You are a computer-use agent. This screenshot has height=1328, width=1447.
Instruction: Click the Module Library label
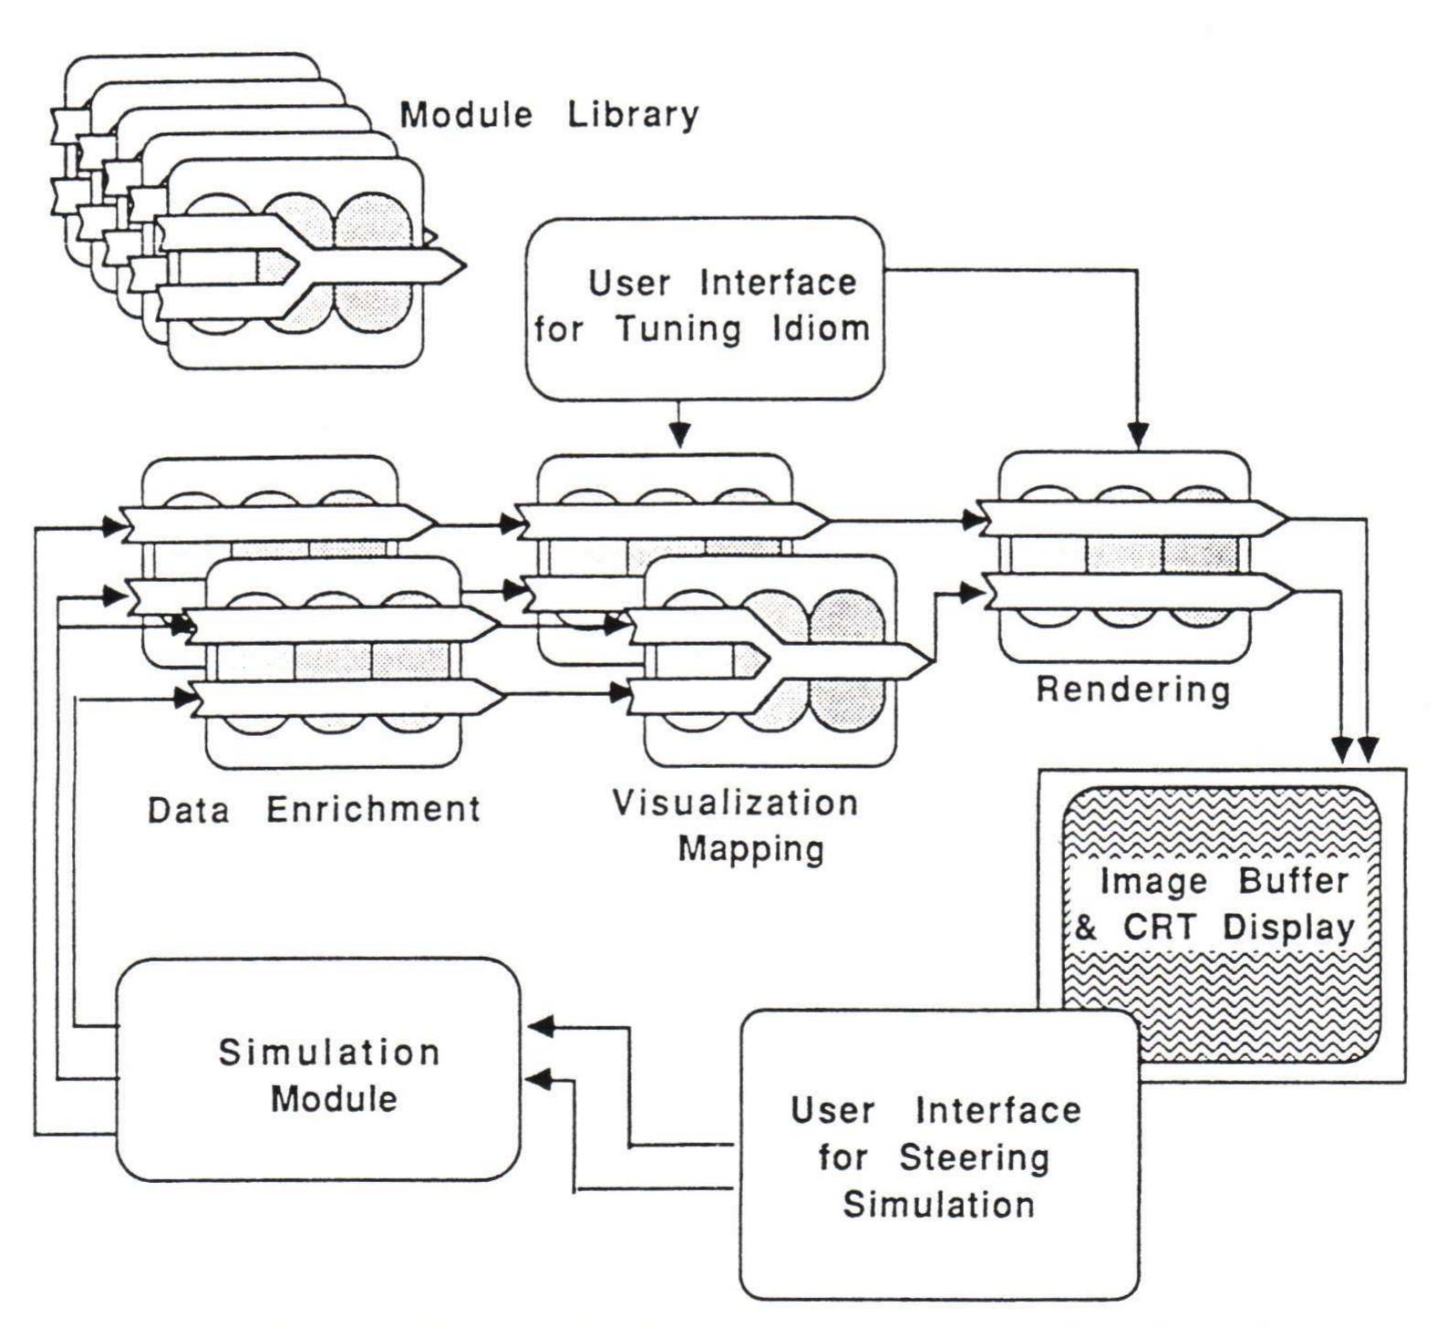(x=550, y=116)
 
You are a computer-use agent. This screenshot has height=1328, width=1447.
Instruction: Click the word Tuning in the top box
(x=680, y=328)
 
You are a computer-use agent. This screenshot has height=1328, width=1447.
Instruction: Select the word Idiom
(x=822, y=328)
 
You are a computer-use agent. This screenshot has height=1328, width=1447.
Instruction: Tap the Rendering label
(x=1133, y=690)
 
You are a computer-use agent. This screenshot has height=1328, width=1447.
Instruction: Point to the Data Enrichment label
(x=315, y=809)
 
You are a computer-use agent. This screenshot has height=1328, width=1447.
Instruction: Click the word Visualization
(x=735, y=804)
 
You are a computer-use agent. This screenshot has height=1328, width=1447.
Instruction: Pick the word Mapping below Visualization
(x=751, y=849)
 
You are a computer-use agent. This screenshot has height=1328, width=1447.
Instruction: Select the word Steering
(x=974, y=1158)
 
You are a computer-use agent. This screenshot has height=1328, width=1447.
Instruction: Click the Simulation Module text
(x=330, y=1074)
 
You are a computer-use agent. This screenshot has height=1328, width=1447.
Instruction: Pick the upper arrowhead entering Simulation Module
(x=543, y=1026)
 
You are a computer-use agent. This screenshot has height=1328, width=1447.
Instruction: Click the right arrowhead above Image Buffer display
(x=1369, y=750)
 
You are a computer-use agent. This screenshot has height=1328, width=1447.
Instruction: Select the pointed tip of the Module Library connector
(x=460, y=265)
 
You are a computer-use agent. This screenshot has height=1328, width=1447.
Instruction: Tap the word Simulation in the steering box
(x=938, y=1205)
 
